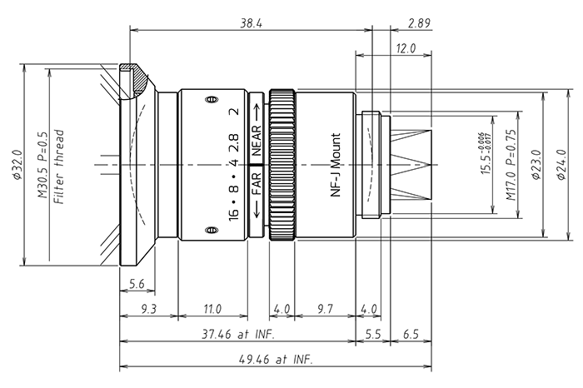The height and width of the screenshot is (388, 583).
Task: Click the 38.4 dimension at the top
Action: coord(251,25)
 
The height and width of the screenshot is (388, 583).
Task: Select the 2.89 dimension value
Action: coord(419,25)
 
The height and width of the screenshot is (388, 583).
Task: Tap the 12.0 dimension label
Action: coord(405,48)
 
